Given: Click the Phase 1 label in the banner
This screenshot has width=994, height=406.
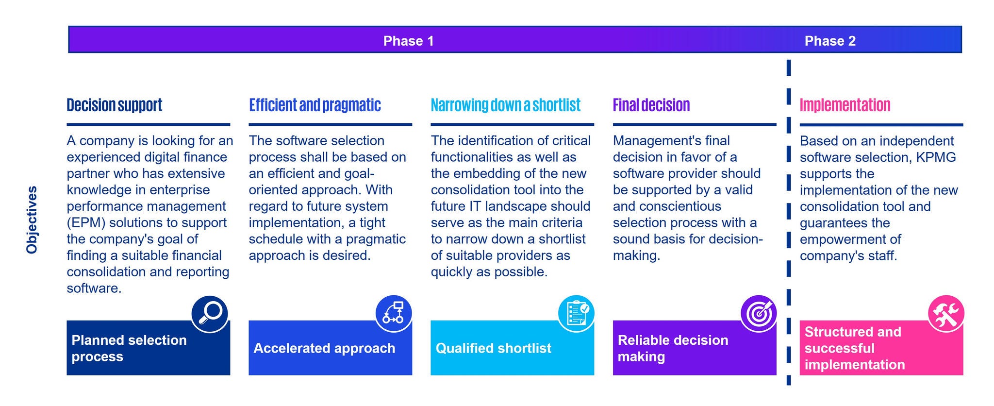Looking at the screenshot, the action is coord(408,41).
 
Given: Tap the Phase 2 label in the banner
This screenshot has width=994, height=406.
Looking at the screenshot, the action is coord(830,41).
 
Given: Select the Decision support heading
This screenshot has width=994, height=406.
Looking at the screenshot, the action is coord(115,105).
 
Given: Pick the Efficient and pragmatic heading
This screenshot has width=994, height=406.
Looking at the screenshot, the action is coord(315,105).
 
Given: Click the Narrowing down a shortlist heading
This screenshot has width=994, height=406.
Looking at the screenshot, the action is coord(506,105).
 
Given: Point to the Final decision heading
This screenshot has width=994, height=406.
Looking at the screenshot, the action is coord(651,105).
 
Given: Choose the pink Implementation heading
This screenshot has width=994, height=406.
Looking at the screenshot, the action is coord(845,105).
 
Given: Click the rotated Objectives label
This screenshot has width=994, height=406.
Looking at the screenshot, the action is coord(32,220).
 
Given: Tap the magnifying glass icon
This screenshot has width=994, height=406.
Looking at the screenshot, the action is coord(210,314).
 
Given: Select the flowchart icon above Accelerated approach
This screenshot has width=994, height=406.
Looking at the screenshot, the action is coord(394,314).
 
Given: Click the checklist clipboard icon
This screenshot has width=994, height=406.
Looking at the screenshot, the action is coord(576,314).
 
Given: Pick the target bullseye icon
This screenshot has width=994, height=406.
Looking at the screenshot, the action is coord(759,314).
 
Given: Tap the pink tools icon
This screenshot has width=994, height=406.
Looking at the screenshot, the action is coord(946,314).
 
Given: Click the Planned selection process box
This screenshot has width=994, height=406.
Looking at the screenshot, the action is coord(149,348).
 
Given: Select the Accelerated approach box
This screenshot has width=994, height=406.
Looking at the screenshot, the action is coord(331,348).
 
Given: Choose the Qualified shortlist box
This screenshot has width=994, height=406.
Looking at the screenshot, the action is coord(513,348).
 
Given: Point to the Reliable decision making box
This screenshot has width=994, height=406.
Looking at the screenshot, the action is coord(695,348).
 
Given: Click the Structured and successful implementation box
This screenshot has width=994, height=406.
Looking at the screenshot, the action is coord(881,348).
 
